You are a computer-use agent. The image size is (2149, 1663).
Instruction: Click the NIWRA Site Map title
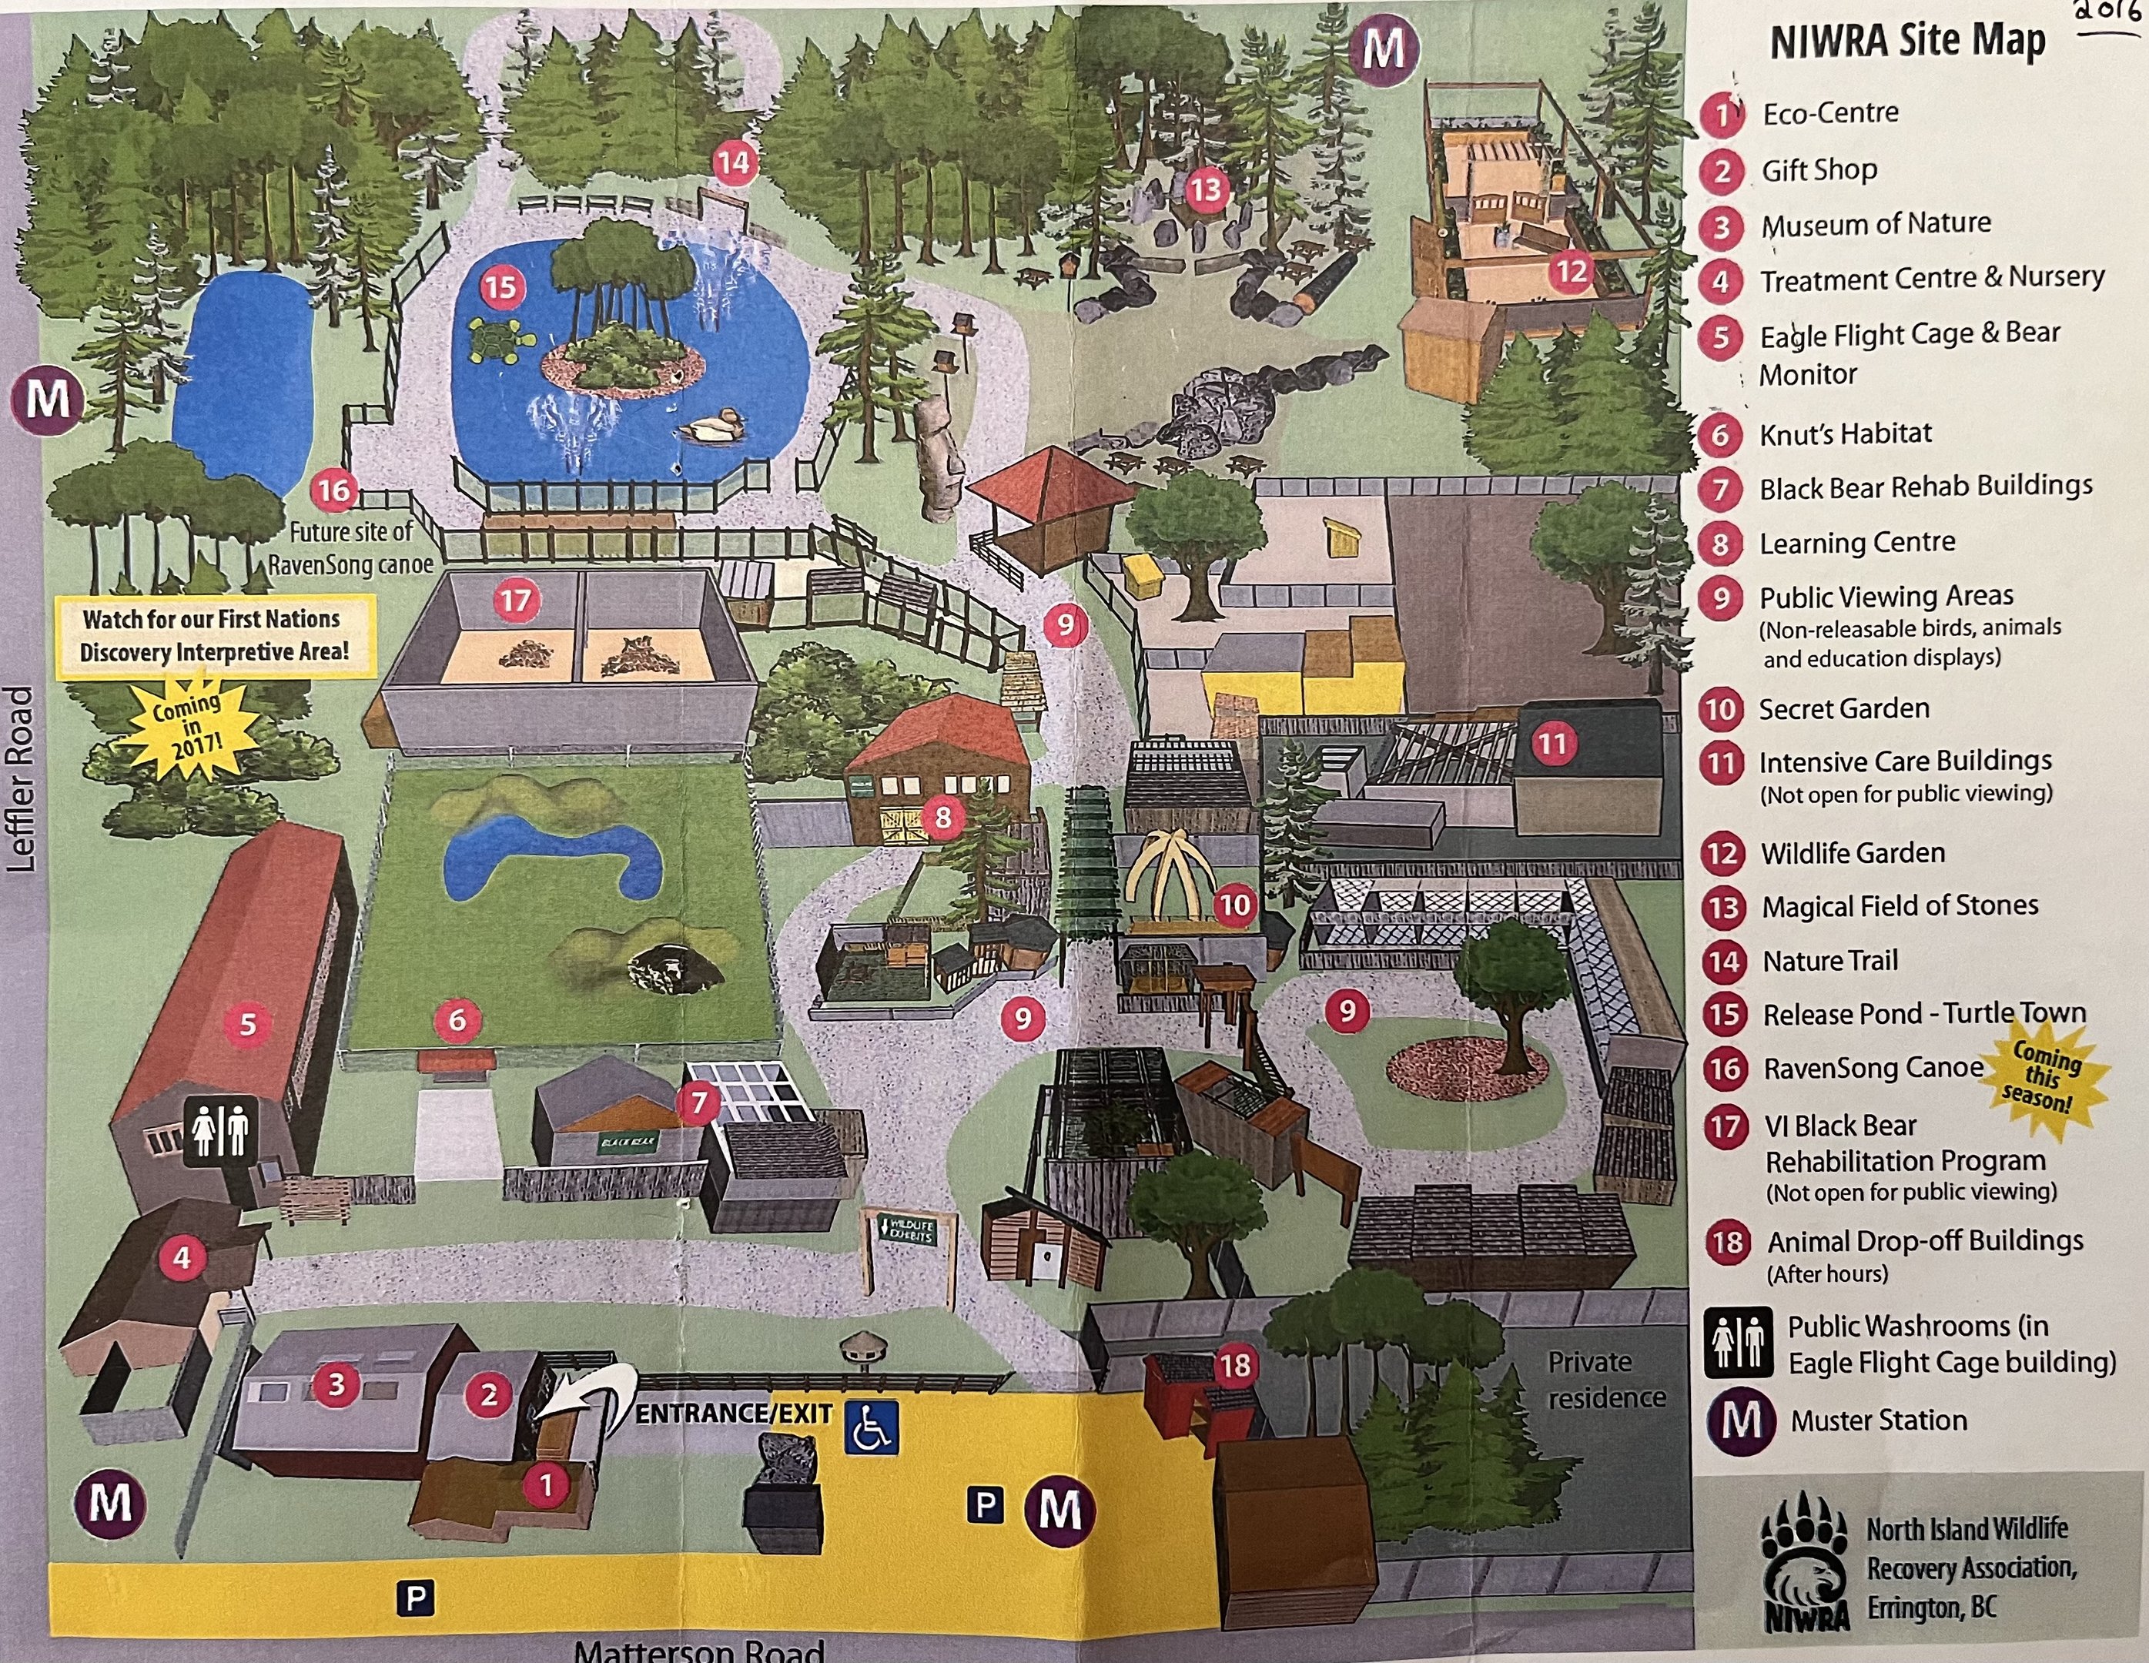[x=1907, y=42]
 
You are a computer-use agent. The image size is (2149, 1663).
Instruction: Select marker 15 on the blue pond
[x=500, y=287]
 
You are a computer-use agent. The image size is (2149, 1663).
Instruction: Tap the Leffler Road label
[x=21, y=778]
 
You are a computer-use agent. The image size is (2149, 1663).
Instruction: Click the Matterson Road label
[x=698, y=1649]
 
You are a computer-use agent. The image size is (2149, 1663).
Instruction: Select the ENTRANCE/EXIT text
[x=734, y=1414]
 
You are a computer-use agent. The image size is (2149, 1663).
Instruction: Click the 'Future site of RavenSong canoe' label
[x=350, y=548]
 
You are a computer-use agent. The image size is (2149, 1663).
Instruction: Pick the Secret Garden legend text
[x=1843, y=708]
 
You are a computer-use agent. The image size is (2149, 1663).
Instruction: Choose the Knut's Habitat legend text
[x=1845, y=434]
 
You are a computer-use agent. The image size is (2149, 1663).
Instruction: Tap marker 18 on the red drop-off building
[x=1235, y=1365]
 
